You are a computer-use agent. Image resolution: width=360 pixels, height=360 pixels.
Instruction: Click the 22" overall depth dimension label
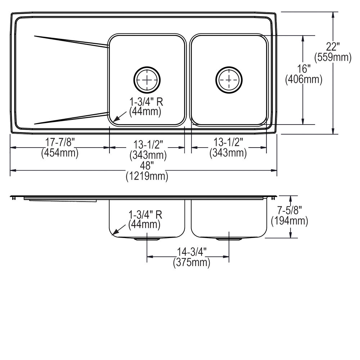coord(333,47)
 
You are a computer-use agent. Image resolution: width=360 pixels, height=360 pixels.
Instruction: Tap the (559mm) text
coord(333,57)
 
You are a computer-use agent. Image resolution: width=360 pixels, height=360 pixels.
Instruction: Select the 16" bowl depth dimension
coord(303,69)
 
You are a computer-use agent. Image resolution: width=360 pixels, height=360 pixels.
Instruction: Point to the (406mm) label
coord(303,79)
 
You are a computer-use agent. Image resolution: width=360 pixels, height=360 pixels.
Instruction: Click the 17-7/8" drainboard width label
coord(60,142)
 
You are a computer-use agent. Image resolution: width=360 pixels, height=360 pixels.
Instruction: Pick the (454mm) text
coord(60,153)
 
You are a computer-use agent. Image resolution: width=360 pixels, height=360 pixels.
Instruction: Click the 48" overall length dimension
coord(147,165)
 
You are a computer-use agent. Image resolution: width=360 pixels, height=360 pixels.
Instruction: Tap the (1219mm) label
coord(147,176)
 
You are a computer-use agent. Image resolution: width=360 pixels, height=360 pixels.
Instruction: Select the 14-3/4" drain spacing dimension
coord(192,252)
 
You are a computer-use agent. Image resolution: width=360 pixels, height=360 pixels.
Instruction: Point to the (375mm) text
coord(192,262)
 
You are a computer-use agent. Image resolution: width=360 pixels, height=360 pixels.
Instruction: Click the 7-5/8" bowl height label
coord(289,210)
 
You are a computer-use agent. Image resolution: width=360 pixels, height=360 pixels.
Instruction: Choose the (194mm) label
coord(289,221)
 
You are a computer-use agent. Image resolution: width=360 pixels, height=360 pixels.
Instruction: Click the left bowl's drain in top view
coord(147,80)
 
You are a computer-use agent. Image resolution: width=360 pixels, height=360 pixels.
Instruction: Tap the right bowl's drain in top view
coord(229,80)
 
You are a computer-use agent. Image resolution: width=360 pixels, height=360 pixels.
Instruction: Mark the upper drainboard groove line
coord(71,41)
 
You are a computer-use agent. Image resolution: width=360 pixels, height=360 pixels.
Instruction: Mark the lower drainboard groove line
coord(71,118)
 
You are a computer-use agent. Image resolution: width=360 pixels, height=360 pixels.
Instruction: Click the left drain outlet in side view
coord(147,239)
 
